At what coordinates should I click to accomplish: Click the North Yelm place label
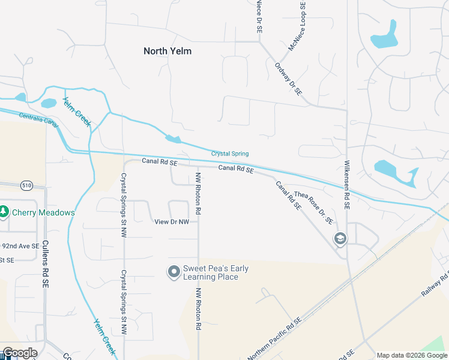pos(167,51)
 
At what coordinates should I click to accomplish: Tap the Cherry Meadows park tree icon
pos(4,212)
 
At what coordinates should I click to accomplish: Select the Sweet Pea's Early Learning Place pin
pos(174,272)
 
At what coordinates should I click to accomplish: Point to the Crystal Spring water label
pos(229,154)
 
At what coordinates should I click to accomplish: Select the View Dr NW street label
pos(172,222)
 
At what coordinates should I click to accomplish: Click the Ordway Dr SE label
pos(288,79)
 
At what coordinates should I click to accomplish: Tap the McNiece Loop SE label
pos(298,26)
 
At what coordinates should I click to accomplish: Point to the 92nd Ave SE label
pos(19,246)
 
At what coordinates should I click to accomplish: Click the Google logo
pos(20,353)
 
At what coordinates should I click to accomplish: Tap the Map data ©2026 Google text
pos(411,355)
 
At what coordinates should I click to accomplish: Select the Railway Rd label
pos(435,283)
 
